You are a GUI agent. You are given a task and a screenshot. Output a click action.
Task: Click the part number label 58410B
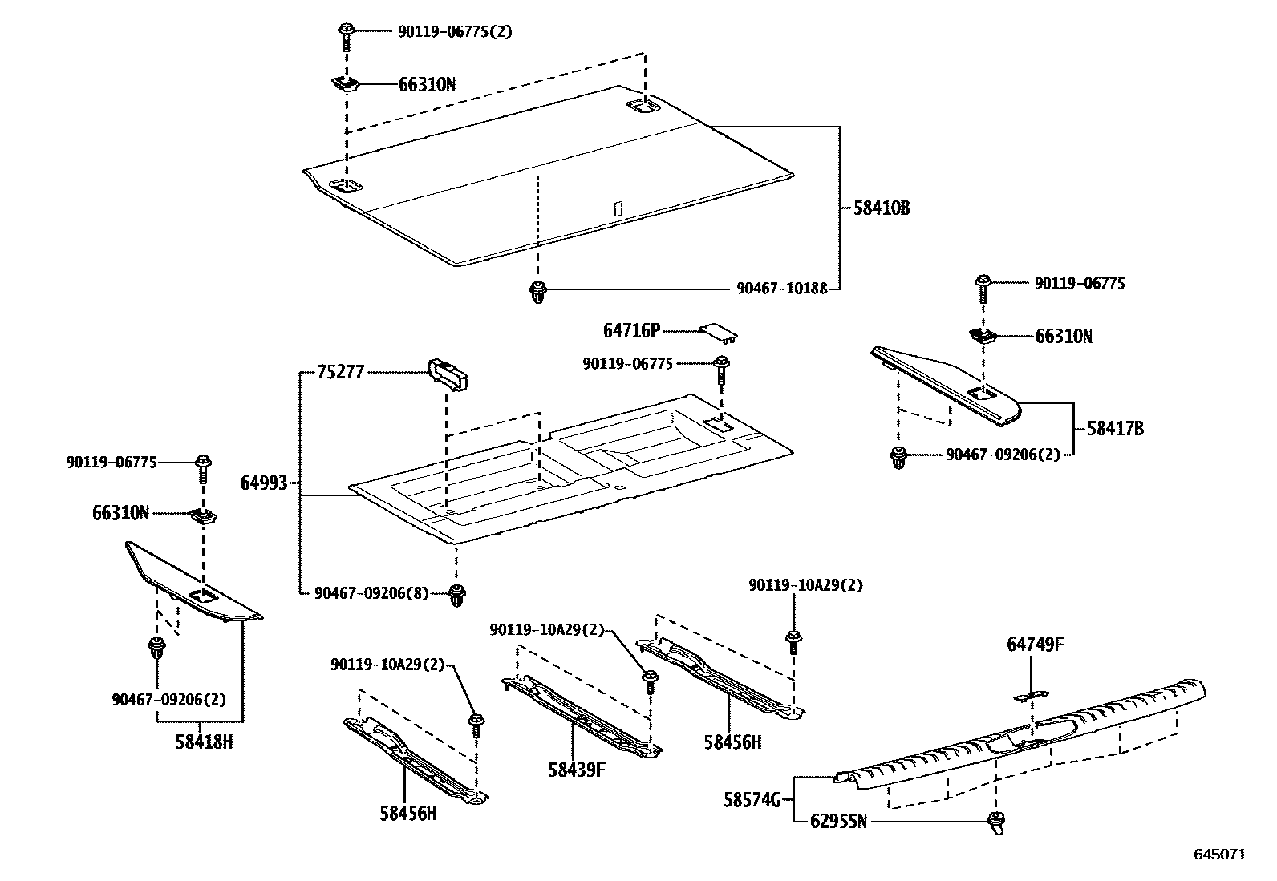click(x=881, y=208)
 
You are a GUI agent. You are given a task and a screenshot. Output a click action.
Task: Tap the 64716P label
click(x=631, y=330)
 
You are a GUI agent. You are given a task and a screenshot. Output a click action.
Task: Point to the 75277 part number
click(x=340, y=372)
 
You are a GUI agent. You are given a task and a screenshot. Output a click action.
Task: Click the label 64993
click(x=264, y=483)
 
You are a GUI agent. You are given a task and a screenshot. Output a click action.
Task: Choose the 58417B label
click(x=1115, y=429)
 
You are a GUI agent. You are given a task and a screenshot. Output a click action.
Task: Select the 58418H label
click(x=204, y=742)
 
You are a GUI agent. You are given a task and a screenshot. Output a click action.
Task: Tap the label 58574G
click(x=752, y=799)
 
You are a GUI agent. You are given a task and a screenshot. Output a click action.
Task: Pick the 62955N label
click(x=838, y=822)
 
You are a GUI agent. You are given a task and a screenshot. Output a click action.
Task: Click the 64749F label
click(x=1036, y=644)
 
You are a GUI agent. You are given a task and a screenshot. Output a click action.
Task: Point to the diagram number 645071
click(x=1220, y=855)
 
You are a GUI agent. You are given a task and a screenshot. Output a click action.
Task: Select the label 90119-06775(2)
click(x=454, y=31)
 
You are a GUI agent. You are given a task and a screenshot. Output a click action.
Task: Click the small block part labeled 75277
click(x=449, y=374)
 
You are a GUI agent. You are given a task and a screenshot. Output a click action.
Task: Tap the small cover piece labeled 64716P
click(x=719, y=332)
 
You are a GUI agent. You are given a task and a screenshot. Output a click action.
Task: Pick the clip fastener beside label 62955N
click(x=997, y=822)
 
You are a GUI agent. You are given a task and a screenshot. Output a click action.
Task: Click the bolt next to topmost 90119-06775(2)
click(x=347, y=33)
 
